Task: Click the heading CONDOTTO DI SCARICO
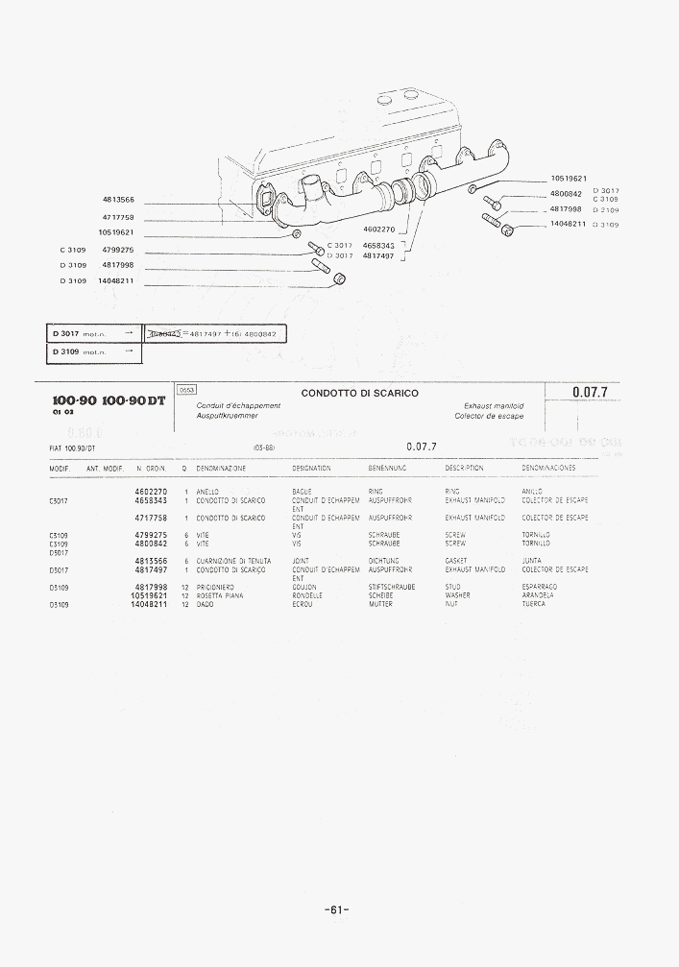coord(359,393)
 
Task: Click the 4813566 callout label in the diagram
coord(118,199)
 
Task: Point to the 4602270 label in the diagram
coord(380,230)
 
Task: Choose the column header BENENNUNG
coord(387,468)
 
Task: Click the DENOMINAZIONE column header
coord(221,468)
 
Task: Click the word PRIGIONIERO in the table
coord(220,587)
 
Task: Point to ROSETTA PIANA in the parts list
coord(220,595)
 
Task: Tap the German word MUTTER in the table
coord(380,604)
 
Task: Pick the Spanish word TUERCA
coord(533,604)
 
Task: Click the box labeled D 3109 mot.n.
coord(93,351)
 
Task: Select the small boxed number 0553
coord(186,390)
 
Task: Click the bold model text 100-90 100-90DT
coord(108,399)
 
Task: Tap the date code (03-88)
coord(264,447)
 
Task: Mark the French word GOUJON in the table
coord(303,587)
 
